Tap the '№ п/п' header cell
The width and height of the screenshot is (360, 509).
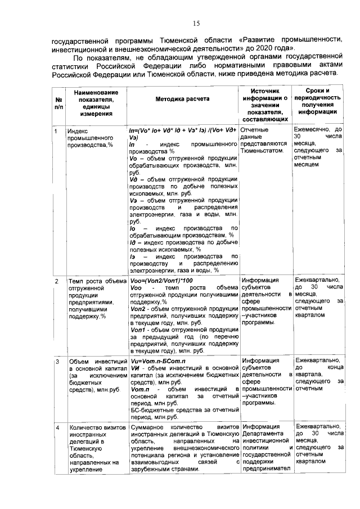click(58, 102)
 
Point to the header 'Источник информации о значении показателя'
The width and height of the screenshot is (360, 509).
click(264, 105)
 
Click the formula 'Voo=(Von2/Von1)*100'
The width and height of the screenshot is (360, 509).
click(161, 280)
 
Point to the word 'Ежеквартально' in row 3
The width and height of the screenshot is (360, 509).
click(318, 361)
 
